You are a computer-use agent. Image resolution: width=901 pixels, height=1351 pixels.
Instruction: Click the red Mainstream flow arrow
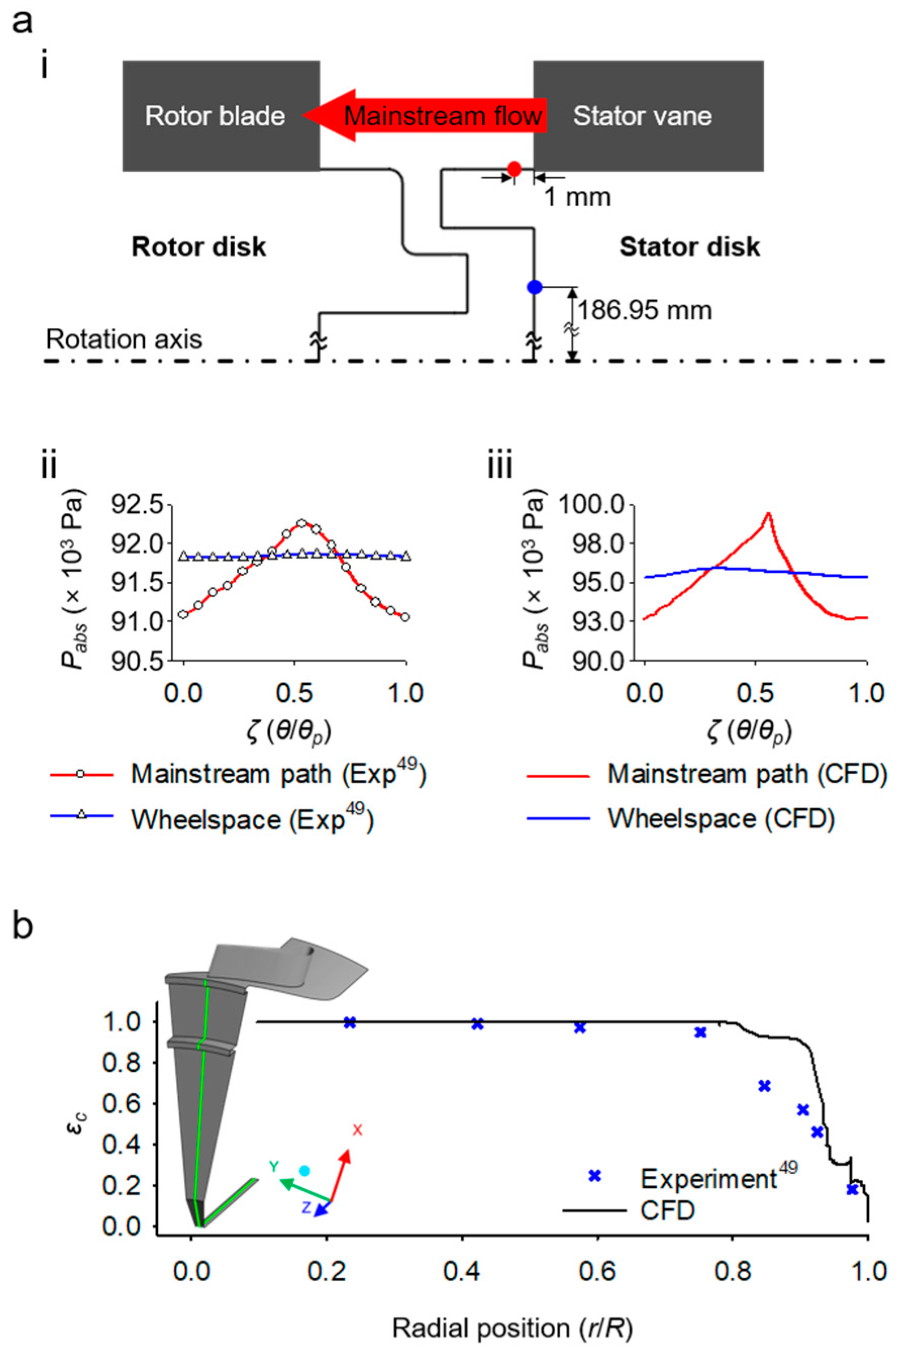pyautogui.click(x=425, y=116)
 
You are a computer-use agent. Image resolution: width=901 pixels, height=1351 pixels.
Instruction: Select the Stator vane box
pyautogui.click(x=648, y=116)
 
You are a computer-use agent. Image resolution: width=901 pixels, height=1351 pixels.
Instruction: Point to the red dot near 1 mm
pyautogui.click(x=514, y=169)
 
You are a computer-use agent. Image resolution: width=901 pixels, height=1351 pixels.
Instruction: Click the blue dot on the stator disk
pyautogui.click(x=535, y=286)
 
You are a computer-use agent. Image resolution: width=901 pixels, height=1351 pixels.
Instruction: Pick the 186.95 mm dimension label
pyautogui.click(x=644, y=311)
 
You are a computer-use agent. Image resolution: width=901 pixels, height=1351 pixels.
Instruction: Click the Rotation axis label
pyautogui.click(x=124, y=339)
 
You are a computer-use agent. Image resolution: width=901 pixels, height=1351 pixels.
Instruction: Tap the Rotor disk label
pyautogui.click(x=199, y=247)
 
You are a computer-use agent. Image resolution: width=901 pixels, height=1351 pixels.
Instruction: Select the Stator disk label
pyautogui.click(x=690, y=247)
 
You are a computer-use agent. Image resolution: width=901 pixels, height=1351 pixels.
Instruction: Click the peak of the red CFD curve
pyautogui.click(x=768, y=513)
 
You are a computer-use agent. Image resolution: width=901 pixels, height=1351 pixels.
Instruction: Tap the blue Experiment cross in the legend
pyautogui.click(x=595, y=1176)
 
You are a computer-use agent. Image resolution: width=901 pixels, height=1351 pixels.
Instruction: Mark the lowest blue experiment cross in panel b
pyautogui.click(x=852, y=1189)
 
